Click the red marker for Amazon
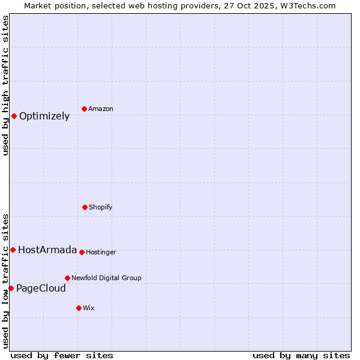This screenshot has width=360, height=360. [84, 109]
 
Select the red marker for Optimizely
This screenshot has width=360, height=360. [14, 116]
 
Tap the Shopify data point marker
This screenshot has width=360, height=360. [85, 207]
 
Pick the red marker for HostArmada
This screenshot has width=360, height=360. [13, 250]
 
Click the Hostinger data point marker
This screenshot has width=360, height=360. [82, 252]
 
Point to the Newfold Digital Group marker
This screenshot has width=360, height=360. [67, 278]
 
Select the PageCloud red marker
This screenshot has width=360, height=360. [11, 288]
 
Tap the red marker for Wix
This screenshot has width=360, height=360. [79, 308]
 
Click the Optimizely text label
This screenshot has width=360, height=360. [44, 116]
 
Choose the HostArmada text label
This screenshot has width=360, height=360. [47, 250]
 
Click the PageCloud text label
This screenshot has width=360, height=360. [41, 289]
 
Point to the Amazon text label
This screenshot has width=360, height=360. [101, 109]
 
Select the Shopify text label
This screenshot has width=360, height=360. [101, 208]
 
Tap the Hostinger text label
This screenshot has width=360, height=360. [101, 253]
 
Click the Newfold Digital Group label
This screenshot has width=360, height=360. [106, 278]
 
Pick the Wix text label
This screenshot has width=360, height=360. [89, 308]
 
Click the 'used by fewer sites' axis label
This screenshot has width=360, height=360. [62, 355]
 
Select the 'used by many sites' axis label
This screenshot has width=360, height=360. [301, 355]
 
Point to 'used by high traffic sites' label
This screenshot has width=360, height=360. [6, 85]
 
